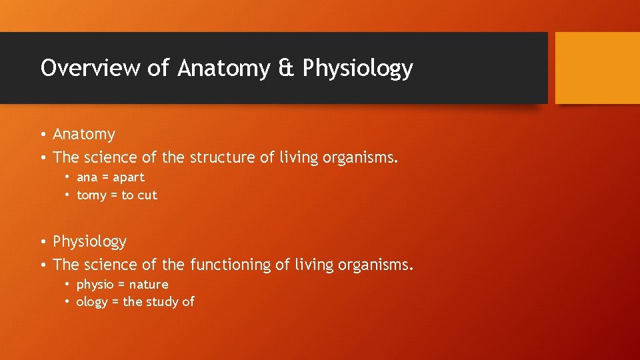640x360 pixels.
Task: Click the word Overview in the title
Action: (71, 68)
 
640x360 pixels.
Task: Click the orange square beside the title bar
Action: (597, 68)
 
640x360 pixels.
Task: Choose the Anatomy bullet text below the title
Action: (84, 135)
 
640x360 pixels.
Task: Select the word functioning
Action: (231, 265)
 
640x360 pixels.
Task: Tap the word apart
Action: (129, 178)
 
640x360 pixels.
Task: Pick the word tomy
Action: (91, 195)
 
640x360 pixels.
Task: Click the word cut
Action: (148, 195)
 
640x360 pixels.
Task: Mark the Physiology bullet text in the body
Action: (89, 241)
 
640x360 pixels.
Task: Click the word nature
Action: (149, 285)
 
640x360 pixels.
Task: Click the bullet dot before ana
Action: (68, 177)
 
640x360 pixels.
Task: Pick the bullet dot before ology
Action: (68, 302)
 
